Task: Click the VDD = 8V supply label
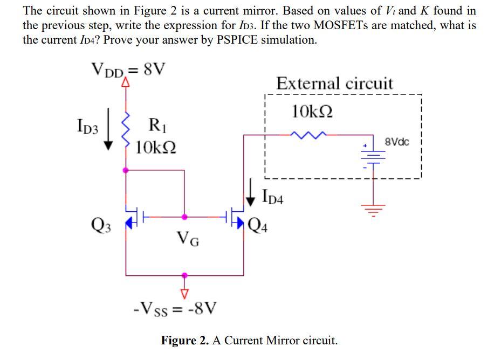pyautogui.click(x=128, y=70)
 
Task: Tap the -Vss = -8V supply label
pyautogui.click(x=175, y=309)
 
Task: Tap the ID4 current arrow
pyautogui.click(x=251, y=195)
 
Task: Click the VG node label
pyautogui.click(x=188, y=237)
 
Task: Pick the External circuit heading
pyautogui.click(x=334, y=84)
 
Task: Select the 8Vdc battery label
pyautogui.click(x=397, y=142)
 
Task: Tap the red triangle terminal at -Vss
pyautogui.click(x=184, y=293)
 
